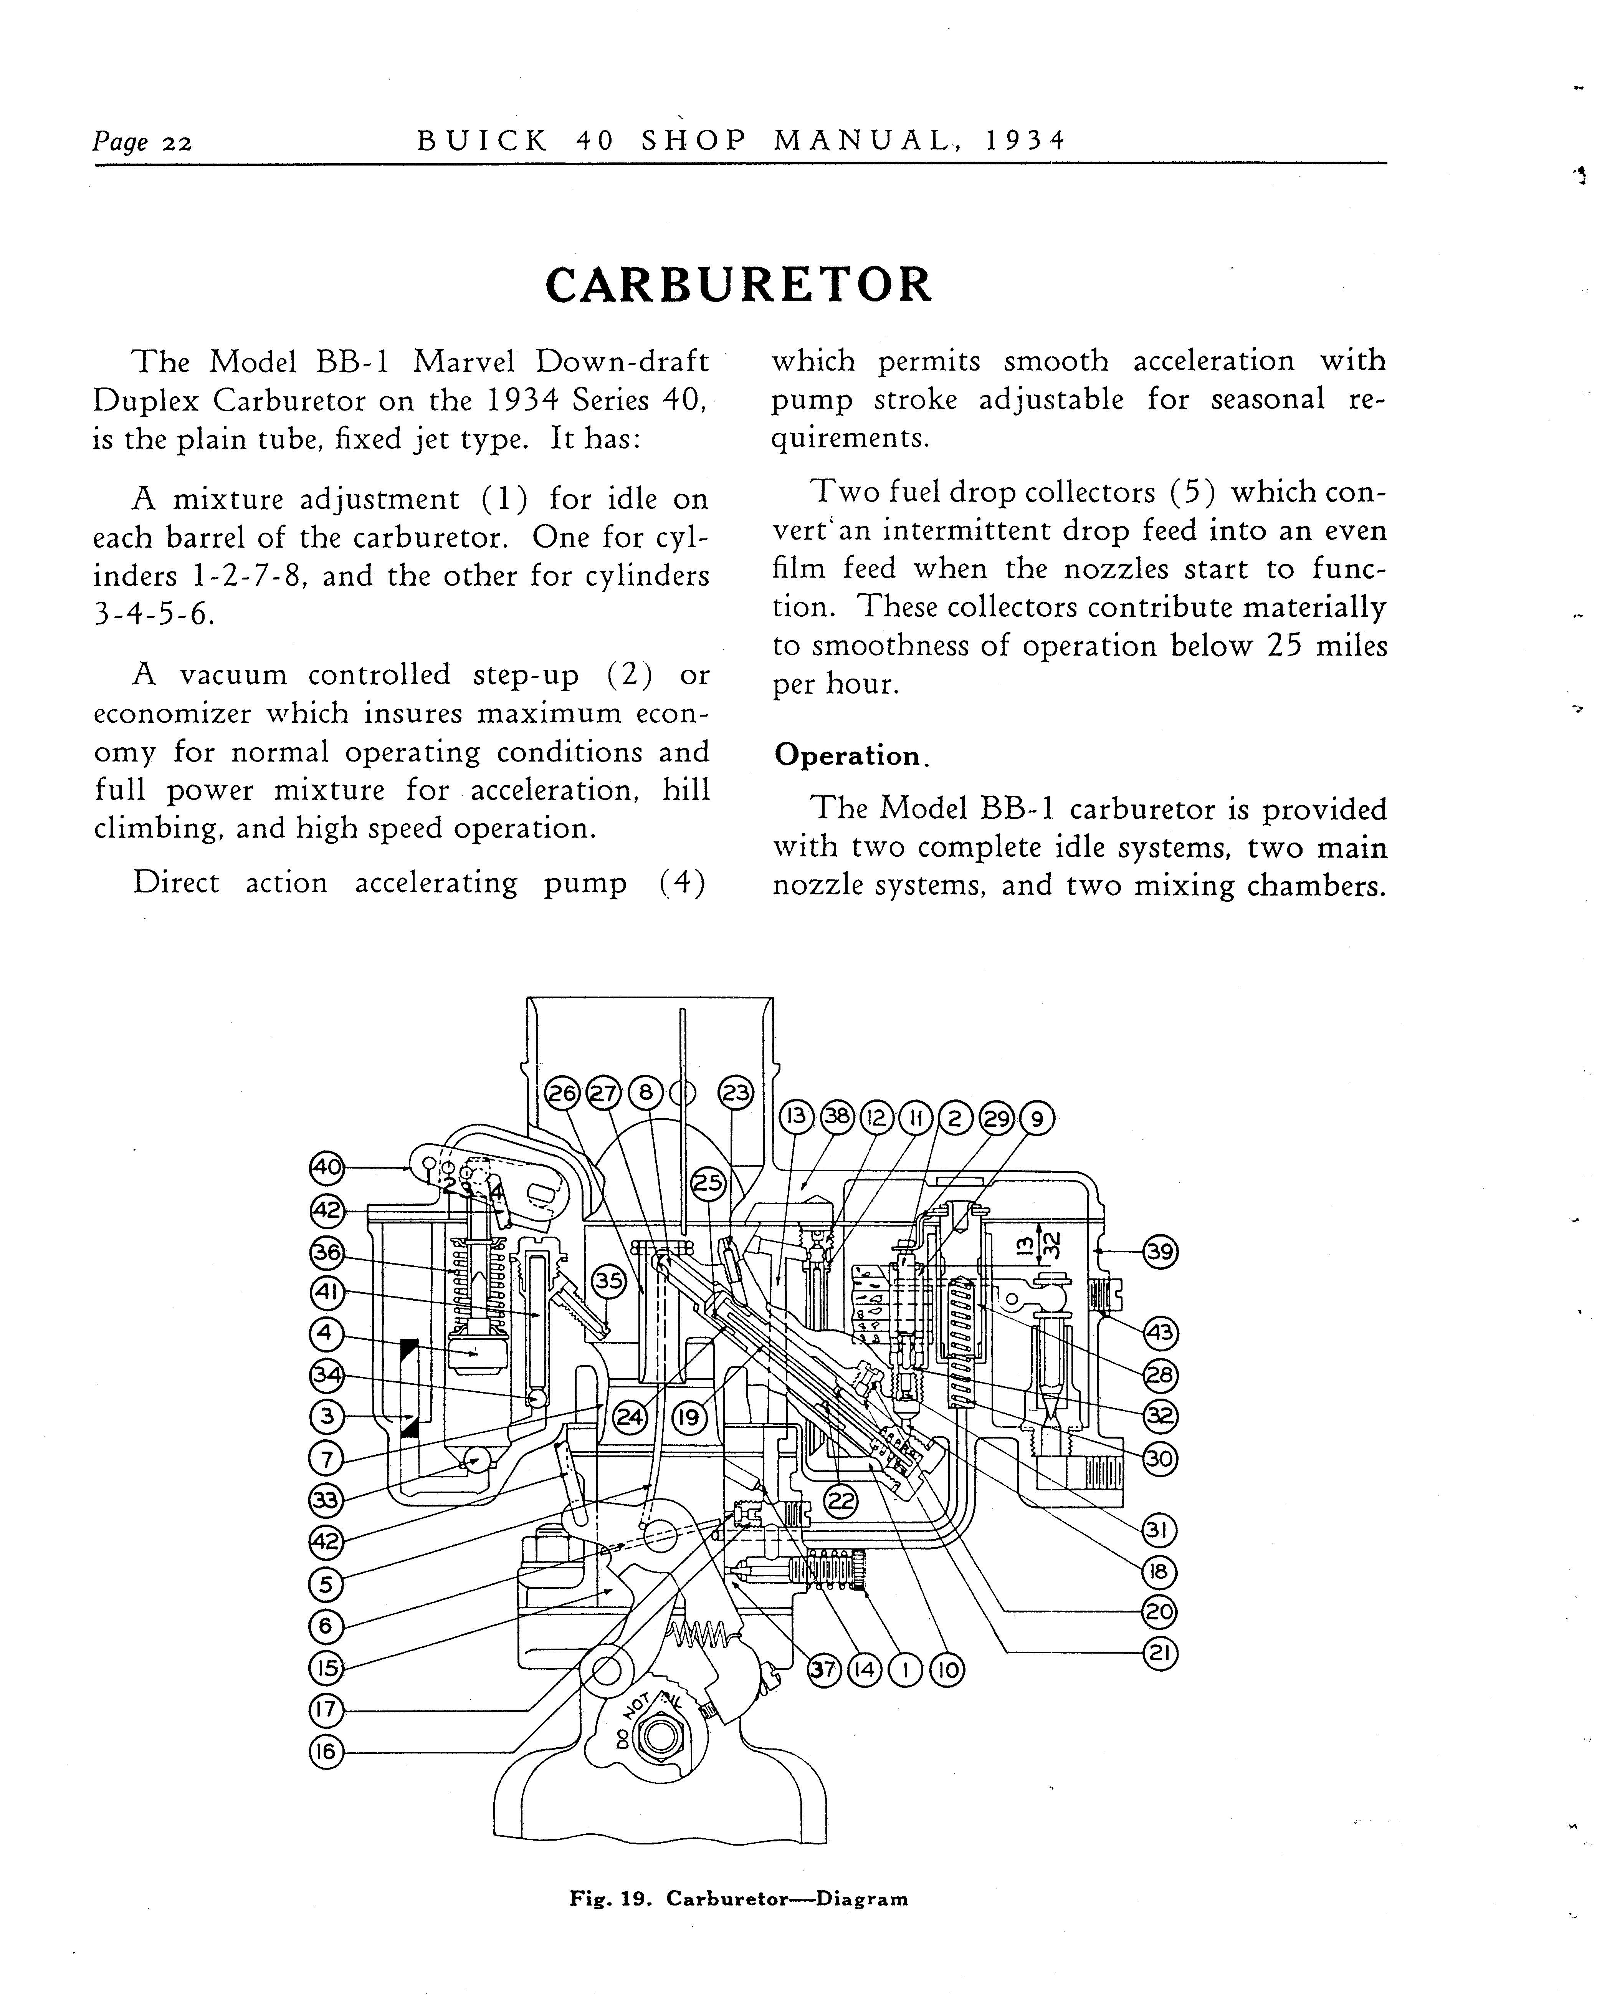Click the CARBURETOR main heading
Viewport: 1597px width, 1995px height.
click(738, 285)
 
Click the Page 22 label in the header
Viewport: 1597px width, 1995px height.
click(142, 142)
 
